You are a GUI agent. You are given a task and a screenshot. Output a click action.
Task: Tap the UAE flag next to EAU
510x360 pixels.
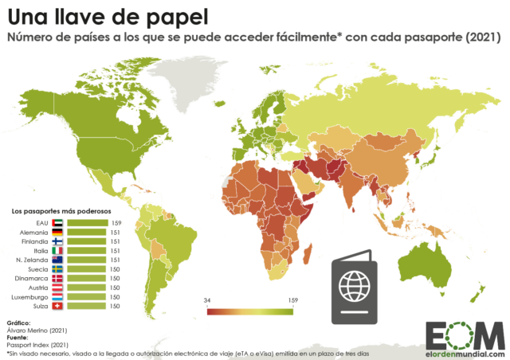(x=57, y=222)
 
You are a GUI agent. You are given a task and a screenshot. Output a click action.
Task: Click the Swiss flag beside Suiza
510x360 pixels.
(x=57, y=306)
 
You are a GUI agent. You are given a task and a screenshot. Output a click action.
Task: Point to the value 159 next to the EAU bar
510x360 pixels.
(x=116, y=222)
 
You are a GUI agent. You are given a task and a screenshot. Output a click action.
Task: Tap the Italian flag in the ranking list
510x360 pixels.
(x=57, y=250)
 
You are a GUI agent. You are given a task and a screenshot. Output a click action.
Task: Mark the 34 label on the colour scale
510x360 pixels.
(x=208, y=300)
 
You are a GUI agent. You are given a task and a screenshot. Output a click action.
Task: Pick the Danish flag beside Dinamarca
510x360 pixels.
(x=57, y=278)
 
